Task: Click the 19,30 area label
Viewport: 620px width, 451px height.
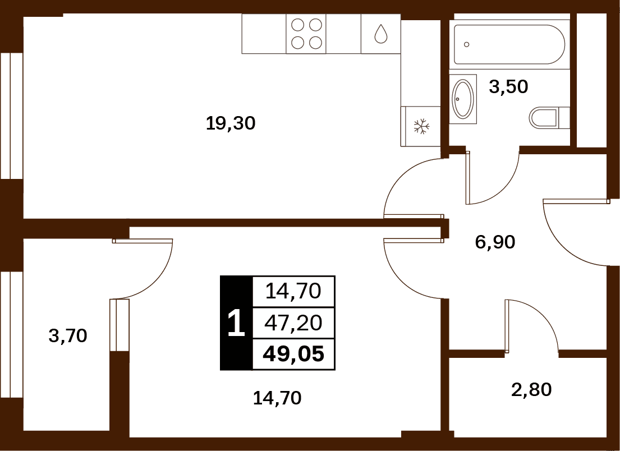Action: [231, 124]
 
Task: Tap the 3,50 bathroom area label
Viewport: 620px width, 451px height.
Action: [508, 86]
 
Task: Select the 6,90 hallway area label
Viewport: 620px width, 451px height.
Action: [495, 242]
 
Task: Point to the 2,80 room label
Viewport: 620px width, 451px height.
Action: [531, 389]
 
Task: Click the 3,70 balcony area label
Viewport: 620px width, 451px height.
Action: [68, 336]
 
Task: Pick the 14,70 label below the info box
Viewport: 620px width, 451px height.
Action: [277, 398]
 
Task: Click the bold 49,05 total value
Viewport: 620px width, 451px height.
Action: [293, 354]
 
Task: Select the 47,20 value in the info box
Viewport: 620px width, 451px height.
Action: [293, 323]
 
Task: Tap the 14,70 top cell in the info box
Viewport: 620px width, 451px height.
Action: [293, 292]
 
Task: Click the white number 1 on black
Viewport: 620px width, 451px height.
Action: [236, 323]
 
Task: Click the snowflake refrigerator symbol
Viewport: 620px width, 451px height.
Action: [421, 126]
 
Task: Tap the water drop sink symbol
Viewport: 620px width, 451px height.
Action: [381, 34]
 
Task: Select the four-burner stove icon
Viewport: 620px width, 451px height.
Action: [306, 34]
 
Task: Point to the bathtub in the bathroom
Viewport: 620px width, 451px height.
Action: [508, 44]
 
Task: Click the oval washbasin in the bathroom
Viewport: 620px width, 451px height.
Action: [463, 99]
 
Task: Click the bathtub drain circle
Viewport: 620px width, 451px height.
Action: [467, 44]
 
